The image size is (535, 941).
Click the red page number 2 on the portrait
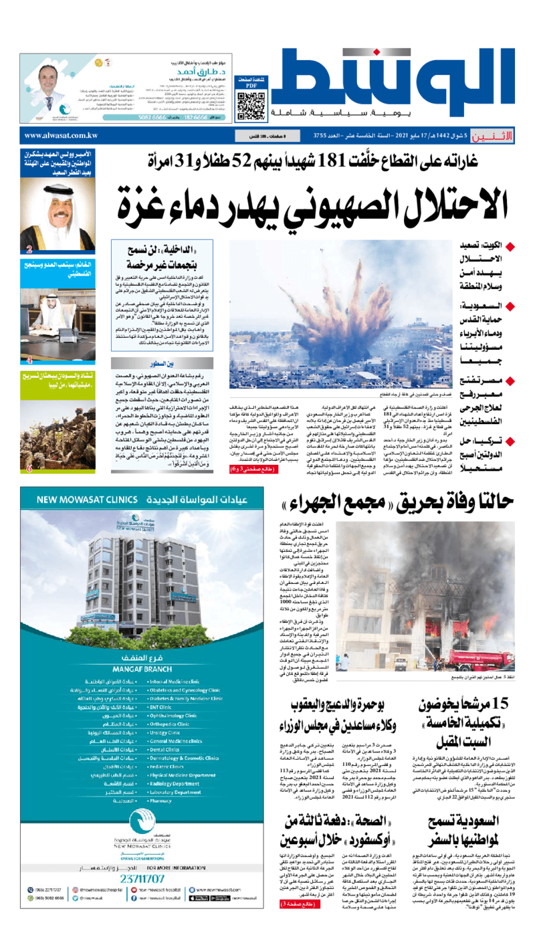(29, 250)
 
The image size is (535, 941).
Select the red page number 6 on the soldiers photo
(29, 469)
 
